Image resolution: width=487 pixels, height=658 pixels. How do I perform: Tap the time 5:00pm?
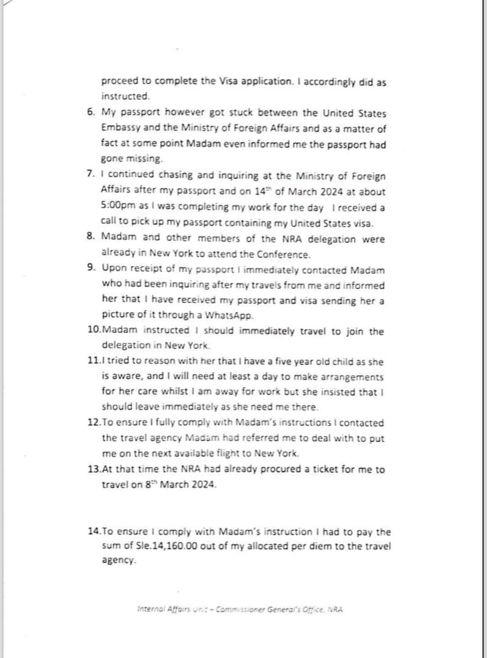(118, 206)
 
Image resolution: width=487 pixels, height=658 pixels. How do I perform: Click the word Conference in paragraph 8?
(284, 254)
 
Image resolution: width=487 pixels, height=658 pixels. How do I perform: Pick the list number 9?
(92, 268)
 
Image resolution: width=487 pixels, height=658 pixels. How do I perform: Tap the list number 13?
(94, 469)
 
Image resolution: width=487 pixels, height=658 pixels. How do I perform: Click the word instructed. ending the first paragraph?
(125, 96)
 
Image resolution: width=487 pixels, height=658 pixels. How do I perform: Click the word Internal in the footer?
(151, 609)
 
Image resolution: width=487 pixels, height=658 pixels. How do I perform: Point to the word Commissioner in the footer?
(241, 609)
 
